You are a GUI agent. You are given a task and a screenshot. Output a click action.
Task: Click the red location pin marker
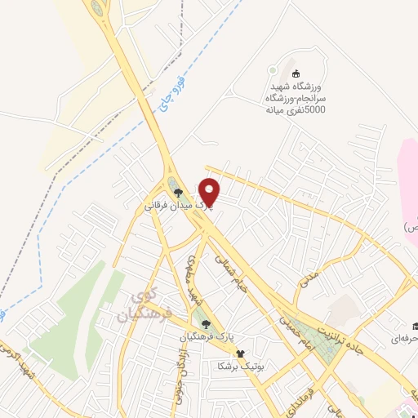tap(210, 192)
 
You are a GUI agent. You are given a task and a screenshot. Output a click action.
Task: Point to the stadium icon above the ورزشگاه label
tap(295, 73)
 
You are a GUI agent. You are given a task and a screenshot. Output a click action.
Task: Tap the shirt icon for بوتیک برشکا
tap(240, 354)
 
